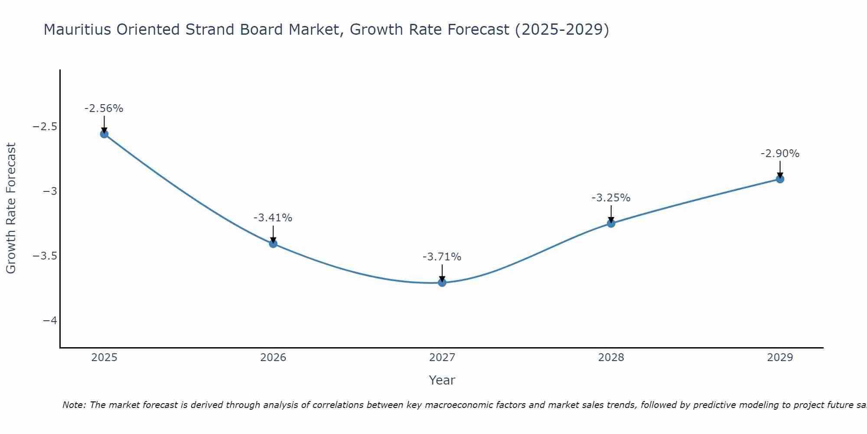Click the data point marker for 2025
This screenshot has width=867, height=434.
pos(104,134)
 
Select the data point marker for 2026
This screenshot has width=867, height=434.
pos(273,243)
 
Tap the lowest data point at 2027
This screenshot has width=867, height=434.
pos(442,283)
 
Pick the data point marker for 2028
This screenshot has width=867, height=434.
pos(611,223)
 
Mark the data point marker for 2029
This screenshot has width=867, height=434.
pos(780,179)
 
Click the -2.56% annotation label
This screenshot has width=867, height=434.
pos(104,108)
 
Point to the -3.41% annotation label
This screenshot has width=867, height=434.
pos(273,218)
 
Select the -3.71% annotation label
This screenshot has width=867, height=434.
pos(442,257)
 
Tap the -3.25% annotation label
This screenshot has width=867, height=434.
pos(611,198)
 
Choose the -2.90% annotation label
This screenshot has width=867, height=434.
pos(780,154)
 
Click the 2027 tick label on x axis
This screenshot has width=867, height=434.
pos(442,358)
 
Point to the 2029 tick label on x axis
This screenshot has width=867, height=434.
pos(780,358)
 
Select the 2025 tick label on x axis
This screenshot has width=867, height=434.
pos(104,358)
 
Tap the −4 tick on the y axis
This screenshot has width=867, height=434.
pos(50,320)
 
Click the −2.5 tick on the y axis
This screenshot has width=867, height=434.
pos(45,127)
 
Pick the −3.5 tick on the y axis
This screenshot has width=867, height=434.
pos(45,256)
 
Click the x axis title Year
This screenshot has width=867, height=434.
pos(442,380)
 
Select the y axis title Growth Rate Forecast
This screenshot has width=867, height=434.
pos(11,208)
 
